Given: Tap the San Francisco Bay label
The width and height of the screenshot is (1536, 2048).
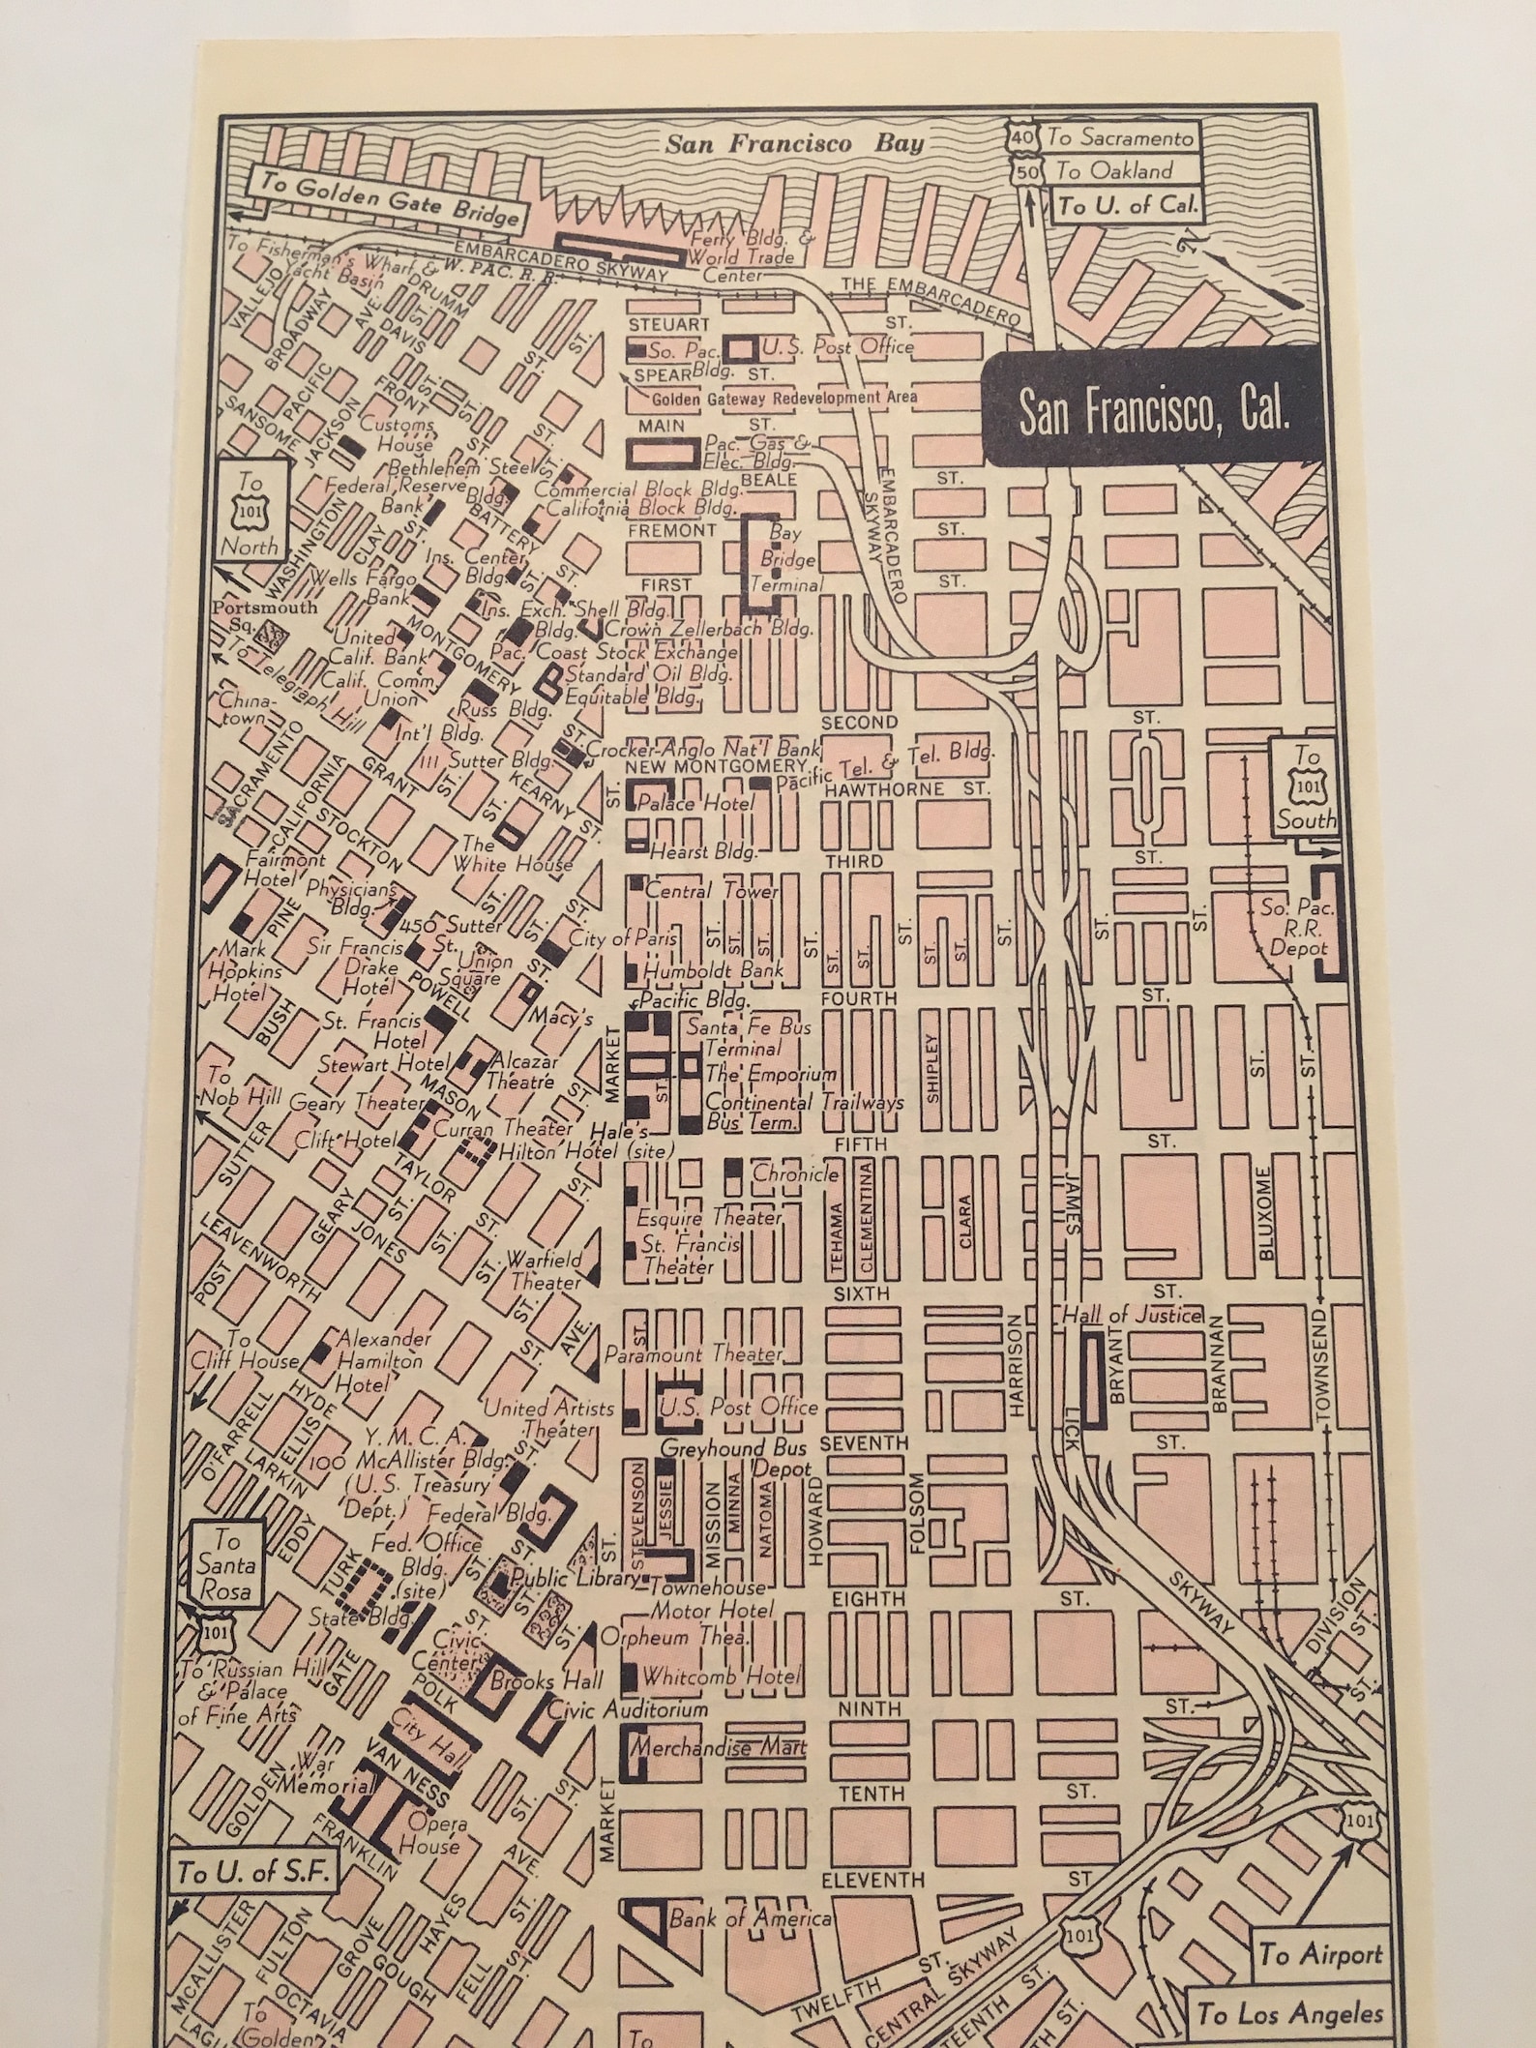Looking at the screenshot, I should (793, 145).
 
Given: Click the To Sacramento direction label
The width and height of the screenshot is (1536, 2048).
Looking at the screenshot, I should (1121, 136).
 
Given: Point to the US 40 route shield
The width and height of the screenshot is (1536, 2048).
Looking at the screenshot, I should (1021, 138).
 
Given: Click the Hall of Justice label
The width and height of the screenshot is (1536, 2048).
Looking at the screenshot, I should (1132, 1315).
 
